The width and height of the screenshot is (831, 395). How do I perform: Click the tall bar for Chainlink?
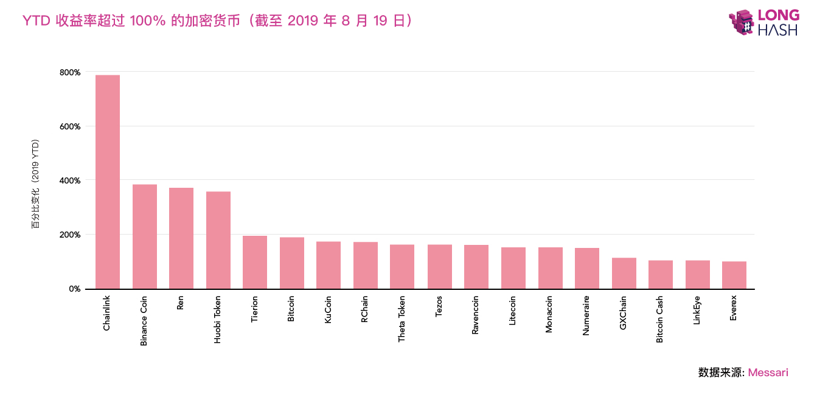point(108,182)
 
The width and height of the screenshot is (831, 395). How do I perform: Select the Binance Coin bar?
point(145,236)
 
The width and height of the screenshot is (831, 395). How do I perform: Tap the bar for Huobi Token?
point(218,240)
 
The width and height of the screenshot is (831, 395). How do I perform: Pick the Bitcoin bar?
point(292,263)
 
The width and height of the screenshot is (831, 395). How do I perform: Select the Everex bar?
point(734,275)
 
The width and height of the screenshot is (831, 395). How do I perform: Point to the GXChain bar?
point(624,273)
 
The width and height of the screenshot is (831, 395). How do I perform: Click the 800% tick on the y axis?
point(70,72)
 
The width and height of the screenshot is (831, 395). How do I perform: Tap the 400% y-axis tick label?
point(70,180)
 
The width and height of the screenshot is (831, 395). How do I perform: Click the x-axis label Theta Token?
point(402,319)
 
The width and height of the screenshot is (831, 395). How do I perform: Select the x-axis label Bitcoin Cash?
point(660,320)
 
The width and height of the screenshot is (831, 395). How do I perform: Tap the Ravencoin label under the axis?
point(476,315)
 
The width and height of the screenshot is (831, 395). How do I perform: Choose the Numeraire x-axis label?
point(586,316)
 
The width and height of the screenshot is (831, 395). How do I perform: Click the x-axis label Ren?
point(181,303)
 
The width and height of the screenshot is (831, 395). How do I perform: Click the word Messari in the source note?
point(768,373)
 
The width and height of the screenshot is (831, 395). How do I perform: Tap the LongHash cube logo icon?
point(742,23)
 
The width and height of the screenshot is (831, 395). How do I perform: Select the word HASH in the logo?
point(777,30)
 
